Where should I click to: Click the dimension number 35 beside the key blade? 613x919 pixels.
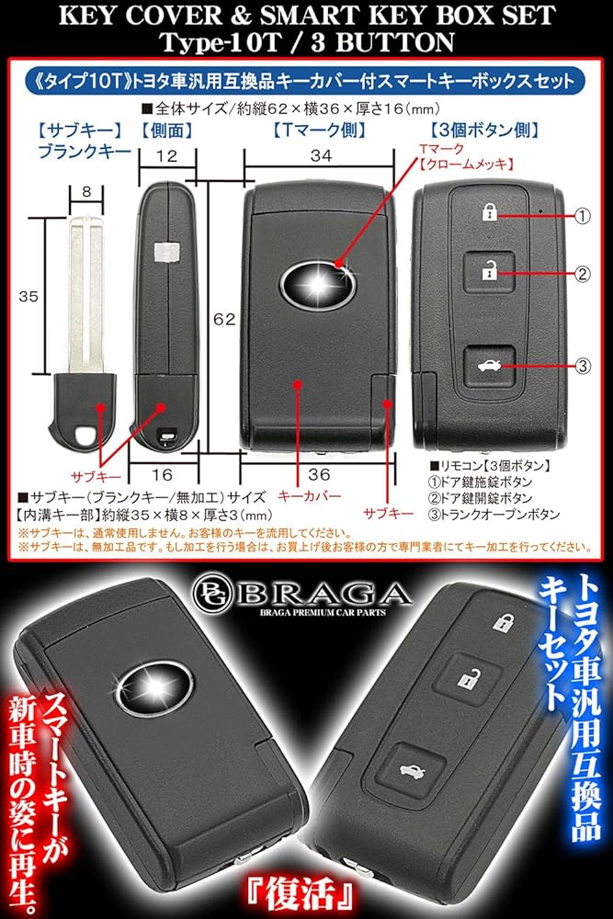29,296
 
